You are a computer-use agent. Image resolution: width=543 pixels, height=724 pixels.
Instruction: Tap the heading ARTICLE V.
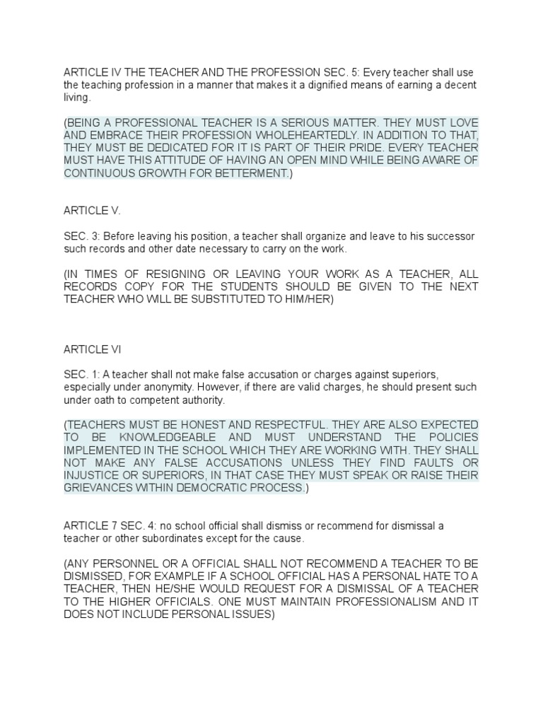point(92,211)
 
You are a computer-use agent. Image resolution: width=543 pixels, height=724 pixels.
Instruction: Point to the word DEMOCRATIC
point(247,488)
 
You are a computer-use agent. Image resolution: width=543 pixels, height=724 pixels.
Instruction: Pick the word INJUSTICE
point(97,475)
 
